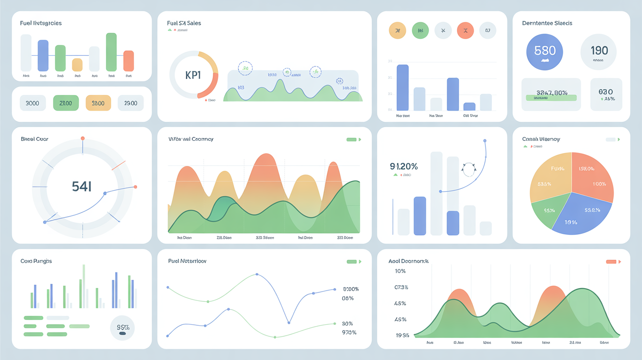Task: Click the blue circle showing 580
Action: pos(544,51)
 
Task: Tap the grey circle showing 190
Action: pos(599,51)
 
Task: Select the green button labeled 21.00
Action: pos(66,103)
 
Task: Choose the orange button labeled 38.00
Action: pos(98,103)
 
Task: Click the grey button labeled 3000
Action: pos(32,103)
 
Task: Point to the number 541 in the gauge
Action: pos(82,186)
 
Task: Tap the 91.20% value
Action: pos(404,166)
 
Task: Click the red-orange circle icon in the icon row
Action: pos(465,31)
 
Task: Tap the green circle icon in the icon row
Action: pos(420,31)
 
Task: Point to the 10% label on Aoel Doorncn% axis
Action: pos(400,271)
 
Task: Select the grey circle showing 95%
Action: pos(122,327)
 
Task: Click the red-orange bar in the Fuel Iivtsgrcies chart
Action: pos(128,61)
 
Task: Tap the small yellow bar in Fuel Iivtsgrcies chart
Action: pos(77,65)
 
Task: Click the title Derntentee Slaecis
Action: pos(547,23)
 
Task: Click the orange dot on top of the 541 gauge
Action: pos(82,138)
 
